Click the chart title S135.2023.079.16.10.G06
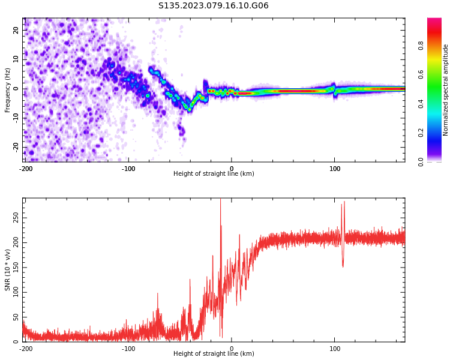[x=214, y=6]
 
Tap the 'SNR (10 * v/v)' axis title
[x=8, y=270]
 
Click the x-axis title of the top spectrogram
[x=214, y=173]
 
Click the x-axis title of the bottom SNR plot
[x=214, y=353]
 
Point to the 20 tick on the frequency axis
[x=16, y=30]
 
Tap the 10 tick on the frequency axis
[x=16, y=59]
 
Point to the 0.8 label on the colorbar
[x=437, y=44]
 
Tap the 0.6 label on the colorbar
[x=437, y=74]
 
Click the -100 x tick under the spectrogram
[x=128, y=168]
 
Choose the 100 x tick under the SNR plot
[x=335, y=348]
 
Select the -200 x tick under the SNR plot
[x=26, y=348]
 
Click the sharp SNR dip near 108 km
[x=343, y=266]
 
